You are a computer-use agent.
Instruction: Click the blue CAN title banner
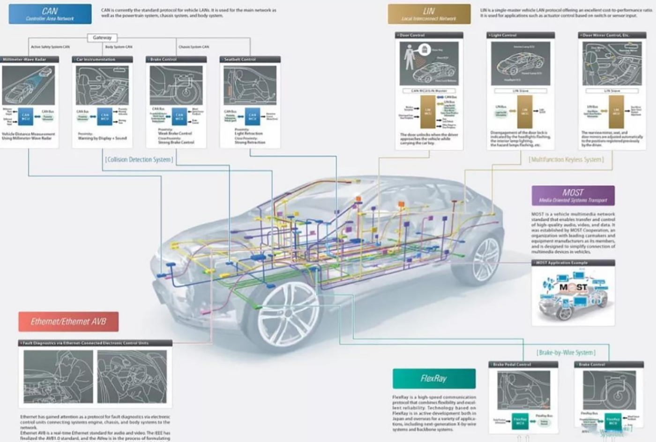tap(50, 14)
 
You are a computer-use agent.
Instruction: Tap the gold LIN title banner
tap(429, 14)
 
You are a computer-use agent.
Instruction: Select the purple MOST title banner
tap(573, 195)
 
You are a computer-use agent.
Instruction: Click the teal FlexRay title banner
tap(433, 378)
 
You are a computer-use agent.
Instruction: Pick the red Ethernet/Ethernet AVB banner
tap(68, 321)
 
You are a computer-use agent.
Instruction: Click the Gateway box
tap(102, 38)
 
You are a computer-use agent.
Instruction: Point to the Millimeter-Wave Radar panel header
tap(30, 60)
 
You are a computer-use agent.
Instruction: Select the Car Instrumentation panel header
tap(102, 60)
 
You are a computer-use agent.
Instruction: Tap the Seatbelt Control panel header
tap(250, 60)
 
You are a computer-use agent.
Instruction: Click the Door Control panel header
tap(429, 35)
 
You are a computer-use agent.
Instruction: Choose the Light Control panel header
tap(520, 35)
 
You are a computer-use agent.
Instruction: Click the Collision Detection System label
tap(139, 160)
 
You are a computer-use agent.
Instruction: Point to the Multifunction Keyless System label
tap(566, 160)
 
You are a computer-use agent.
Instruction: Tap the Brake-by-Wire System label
tap(566, 352)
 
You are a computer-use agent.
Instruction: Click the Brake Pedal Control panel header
tap(523, 365)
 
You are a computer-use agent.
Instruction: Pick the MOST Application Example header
tap(573, 263)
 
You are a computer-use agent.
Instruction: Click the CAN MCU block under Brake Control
tap(179, 116)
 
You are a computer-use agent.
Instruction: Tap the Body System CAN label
tap(119, 47)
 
